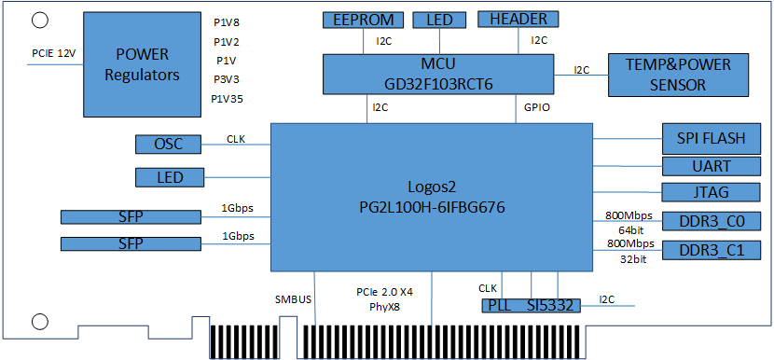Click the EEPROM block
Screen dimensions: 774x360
pos(364,21)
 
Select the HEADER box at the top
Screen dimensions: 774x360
pos(518,20)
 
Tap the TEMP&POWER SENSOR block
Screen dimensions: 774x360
pos(678,75)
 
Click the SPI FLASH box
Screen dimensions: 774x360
pos(711,139)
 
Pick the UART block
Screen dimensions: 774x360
pos(711,166)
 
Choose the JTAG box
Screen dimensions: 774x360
pos(711,192)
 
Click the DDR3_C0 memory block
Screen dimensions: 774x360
pos(711,221)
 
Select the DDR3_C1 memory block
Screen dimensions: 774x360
pos(711,250)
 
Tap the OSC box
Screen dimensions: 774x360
pos(169,145)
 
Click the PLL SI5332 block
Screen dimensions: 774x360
pos(531,306)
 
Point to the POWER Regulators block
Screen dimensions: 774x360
pos(142,64)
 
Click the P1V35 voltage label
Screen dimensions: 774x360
pos(227,99)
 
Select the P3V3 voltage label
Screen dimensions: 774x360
pos(227,79)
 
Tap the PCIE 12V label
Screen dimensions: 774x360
pos(54,53)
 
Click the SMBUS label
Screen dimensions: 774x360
pos(293,299)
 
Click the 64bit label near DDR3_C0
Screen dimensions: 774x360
pos(632,230)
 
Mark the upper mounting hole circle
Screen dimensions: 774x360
pos(39,21)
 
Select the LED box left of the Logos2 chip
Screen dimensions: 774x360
pos(170,177)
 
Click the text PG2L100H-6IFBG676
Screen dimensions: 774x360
pos(432,207)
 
